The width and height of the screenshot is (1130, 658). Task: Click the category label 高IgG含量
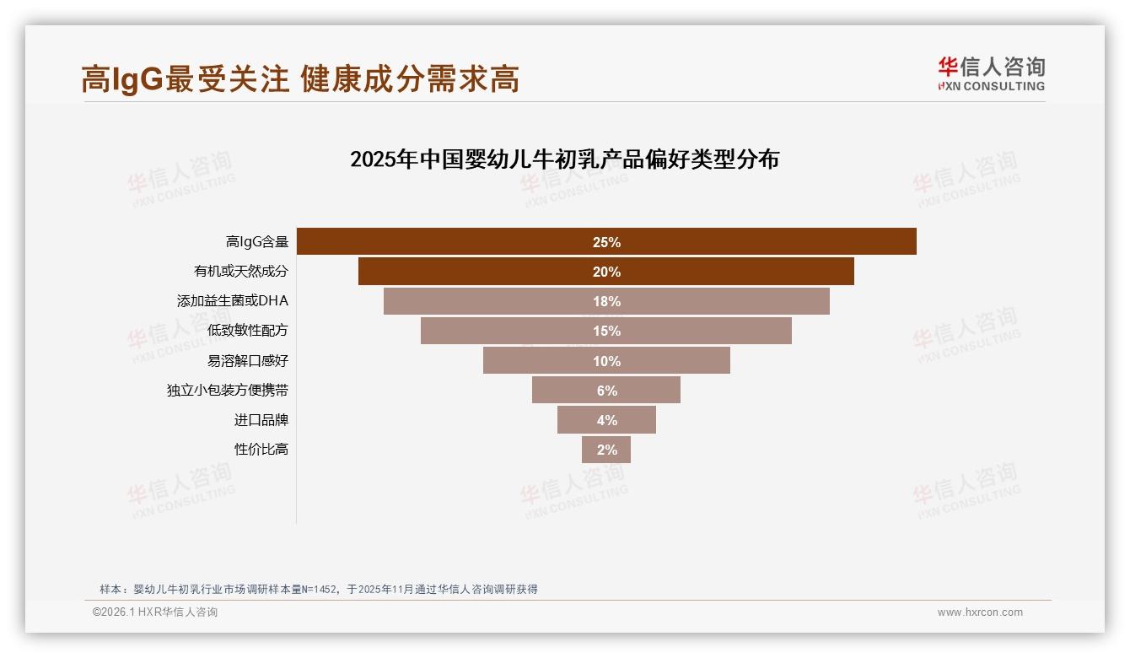[257, 242]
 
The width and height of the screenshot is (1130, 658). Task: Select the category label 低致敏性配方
[248, 331]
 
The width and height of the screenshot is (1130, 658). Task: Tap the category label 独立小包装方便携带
[228, 391]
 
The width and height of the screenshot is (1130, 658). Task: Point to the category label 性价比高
[261, 450]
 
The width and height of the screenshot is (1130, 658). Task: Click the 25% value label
[606, 242]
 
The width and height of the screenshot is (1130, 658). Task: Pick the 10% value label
[606, 361]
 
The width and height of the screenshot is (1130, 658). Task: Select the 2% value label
[607, 450]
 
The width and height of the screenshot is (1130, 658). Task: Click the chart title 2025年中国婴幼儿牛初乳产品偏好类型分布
[564, 159]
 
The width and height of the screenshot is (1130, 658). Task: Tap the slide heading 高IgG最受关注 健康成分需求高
[300, 78]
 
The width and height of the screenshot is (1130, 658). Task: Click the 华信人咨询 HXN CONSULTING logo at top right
[991, 73]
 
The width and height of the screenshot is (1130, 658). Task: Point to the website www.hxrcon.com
[980, 612]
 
